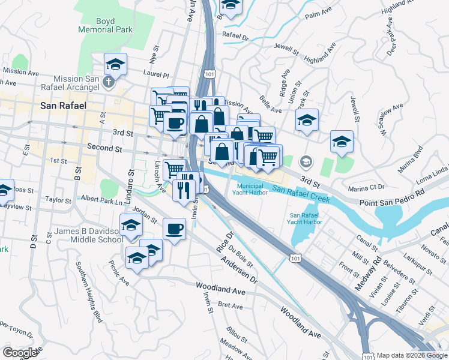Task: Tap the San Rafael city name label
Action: [x=64, y=105]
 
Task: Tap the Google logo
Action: [x=20, y=352]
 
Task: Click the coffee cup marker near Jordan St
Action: [x=175, y=229]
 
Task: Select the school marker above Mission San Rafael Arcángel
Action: [x=116, y=63]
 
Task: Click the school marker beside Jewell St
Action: [x=342, y=142]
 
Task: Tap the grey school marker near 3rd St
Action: [x=306, y=161]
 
